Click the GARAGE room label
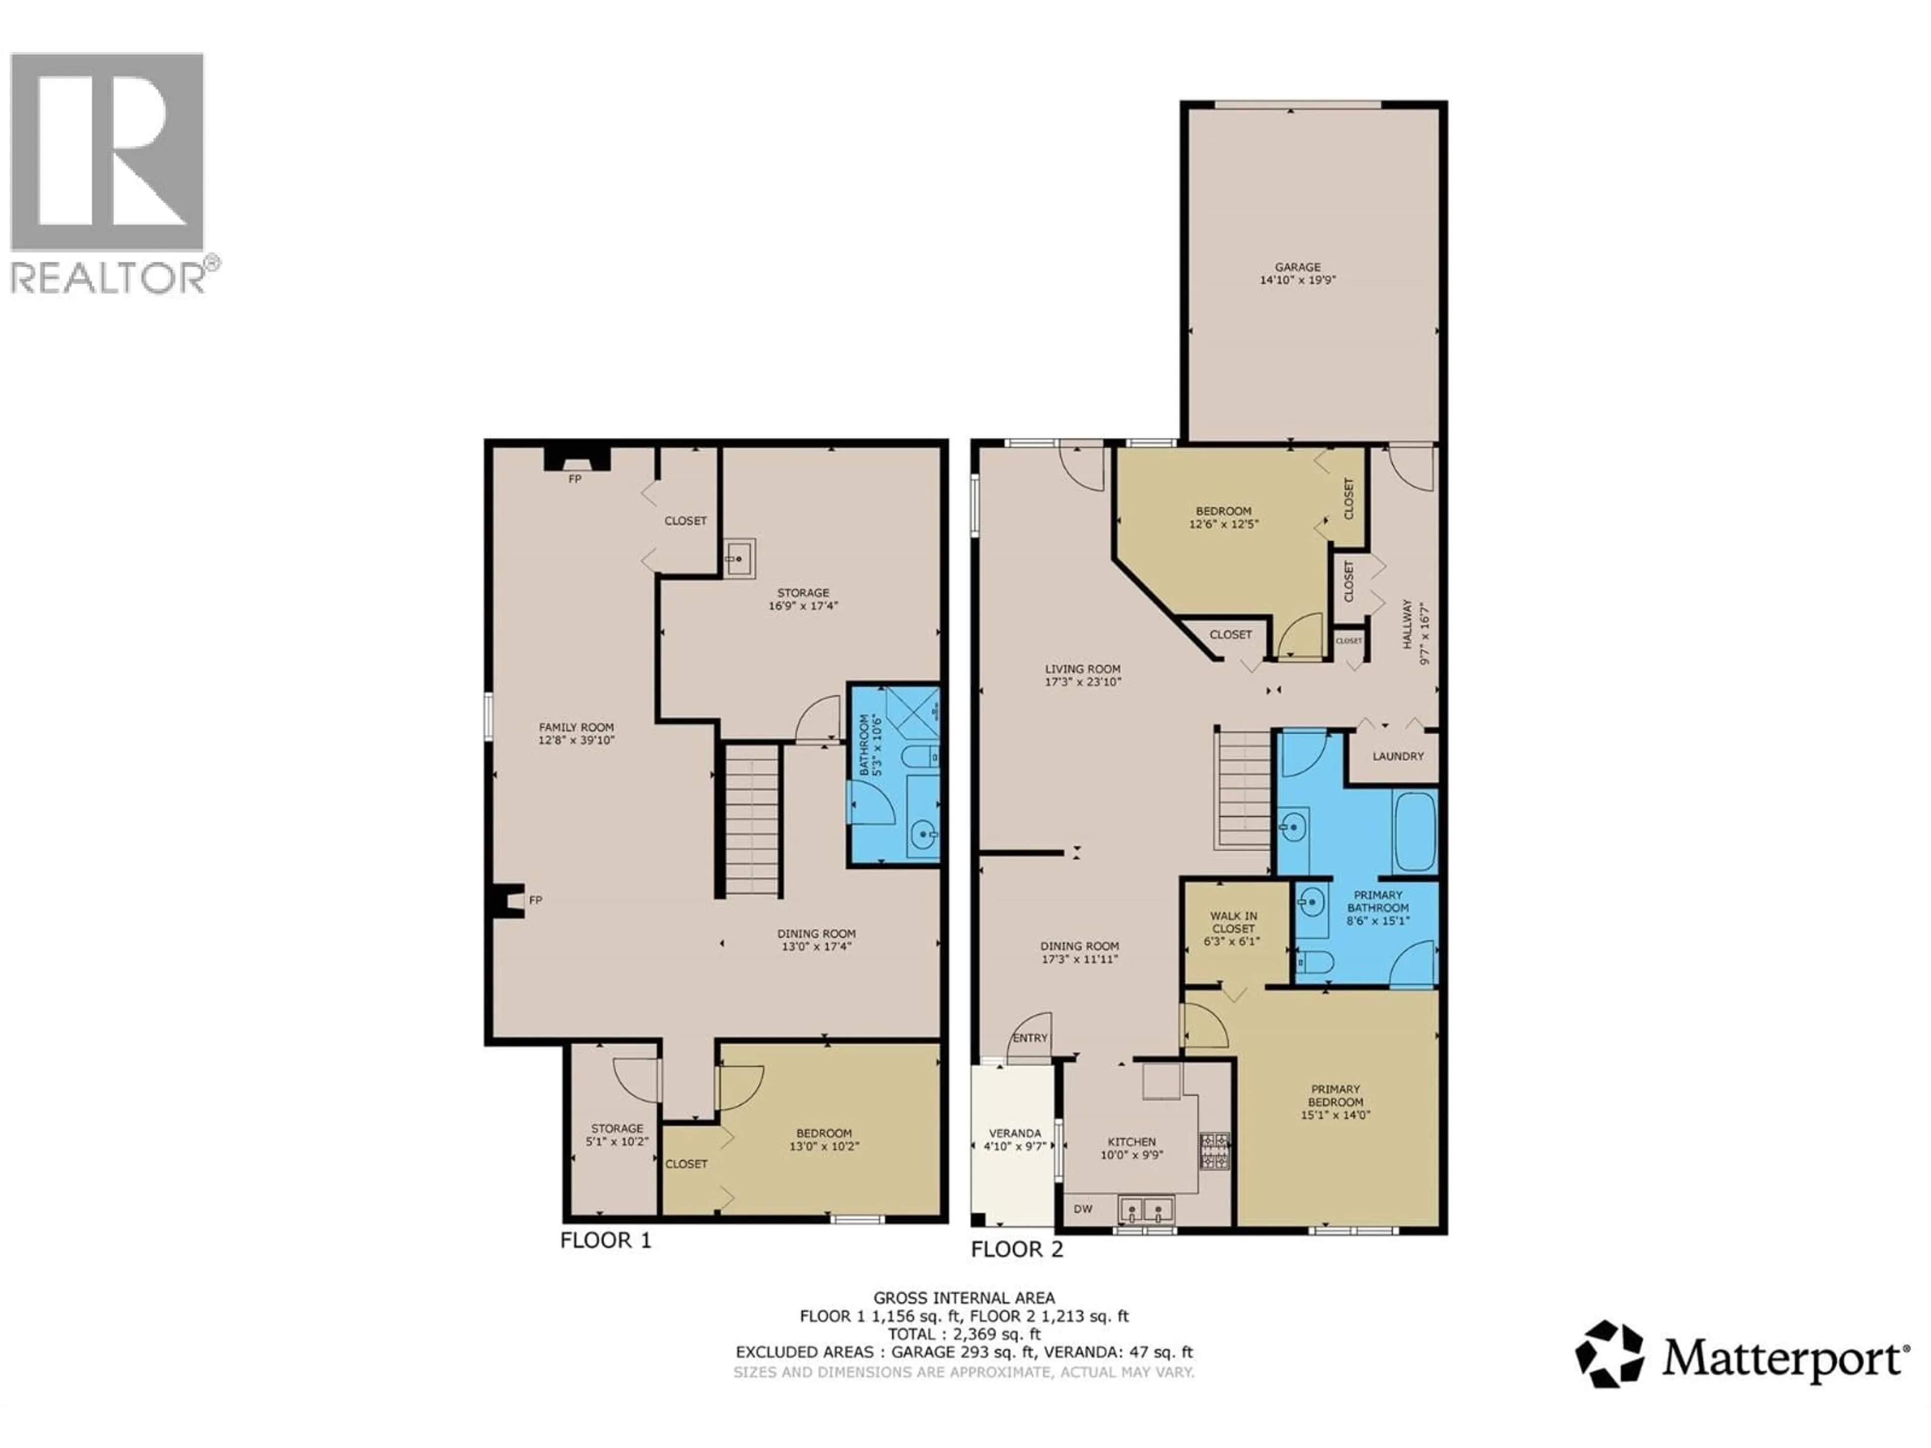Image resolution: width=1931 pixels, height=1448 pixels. coord(1297,267)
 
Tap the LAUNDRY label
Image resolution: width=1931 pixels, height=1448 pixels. coord(1397,756)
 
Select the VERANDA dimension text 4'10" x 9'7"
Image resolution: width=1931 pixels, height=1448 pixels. coord(1014,1146)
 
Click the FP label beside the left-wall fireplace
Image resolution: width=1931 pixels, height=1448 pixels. coord(535,900)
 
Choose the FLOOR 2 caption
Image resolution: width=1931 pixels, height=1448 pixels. coord(1017,1249)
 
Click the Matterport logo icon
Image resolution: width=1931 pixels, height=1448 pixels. coord(1608,1354)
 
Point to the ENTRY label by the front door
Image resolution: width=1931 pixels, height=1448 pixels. coord(1030,1038)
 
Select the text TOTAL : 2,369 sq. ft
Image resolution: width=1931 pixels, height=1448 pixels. coord(964,1334)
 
